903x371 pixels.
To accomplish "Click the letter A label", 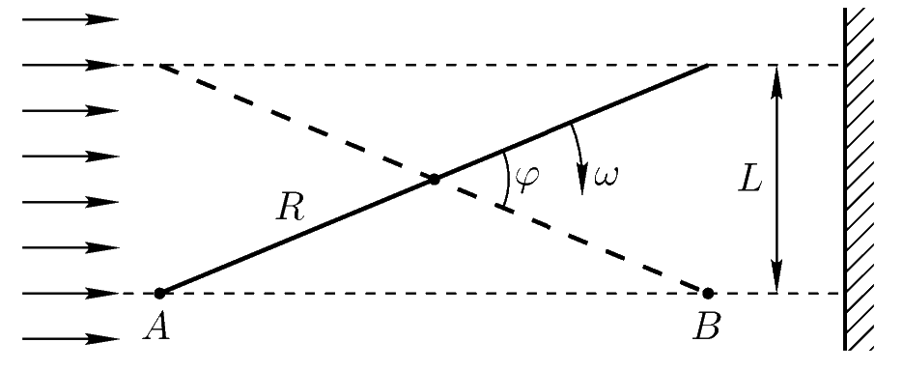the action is pyautogui.click(x=157, y=328).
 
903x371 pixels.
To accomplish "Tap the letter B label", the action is pyautogui.click(x=706, y=328).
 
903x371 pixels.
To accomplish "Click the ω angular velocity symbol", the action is pyautogui.click(x=606, y=176).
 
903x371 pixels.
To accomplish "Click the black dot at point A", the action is pyautogui.click(x=159, y=294).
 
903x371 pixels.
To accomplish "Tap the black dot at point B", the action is pyautogui.click(x=708, y=294).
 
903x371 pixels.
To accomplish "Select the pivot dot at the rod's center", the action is pyautogui.click(x=435, y=180).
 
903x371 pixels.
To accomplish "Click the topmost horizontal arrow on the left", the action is pyautogui.click(x=71, y=19).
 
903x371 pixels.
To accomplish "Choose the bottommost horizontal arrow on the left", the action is pyautogui.click(x=71, y=339).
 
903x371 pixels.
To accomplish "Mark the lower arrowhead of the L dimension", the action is pyautogui.click(x=776, y=278).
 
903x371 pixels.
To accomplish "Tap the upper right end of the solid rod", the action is pyautogui.click(x=708, y=66).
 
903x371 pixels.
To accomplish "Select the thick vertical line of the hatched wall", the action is pyautogui.click(x=845, y=179).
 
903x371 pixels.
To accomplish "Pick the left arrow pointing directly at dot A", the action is pyautogui.click(x=71, y=294).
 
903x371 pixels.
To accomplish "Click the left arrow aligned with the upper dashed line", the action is pyautogui.click(x=71, y=65).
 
